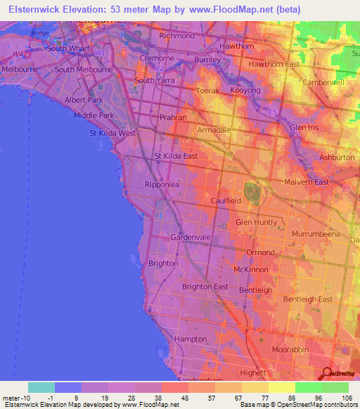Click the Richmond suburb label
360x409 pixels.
(177, 35)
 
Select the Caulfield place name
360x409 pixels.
(226, 201)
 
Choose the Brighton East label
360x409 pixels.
(205, 287)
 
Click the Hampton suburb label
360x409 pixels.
(191, 339)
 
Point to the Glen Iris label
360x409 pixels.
(306, 127)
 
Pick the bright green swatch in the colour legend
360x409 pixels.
(308, 387)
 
